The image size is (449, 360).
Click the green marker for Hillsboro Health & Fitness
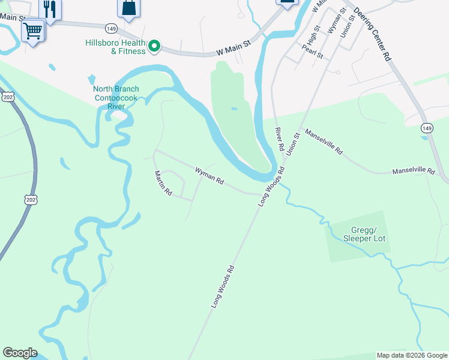[154, 46]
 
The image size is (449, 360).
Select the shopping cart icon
[33, 29]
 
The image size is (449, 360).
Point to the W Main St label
[233, 47]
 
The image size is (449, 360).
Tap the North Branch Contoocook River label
[115, 98]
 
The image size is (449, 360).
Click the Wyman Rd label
[209, 175]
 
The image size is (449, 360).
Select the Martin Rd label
[163, 184]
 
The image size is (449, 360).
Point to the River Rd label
[279, 139]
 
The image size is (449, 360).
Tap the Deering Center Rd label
[372, 34]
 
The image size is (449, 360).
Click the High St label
[312, 37]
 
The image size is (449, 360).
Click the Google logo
[20, 353]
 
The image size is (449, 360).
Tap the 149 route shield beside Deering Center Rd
[427, 128]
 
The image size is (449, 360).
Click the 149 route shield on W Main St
[110, 28]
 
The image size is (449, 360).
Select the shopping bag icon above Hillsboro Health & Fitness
[128, 8]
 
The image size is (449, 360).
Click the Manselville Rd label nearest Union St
[323, 142]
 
